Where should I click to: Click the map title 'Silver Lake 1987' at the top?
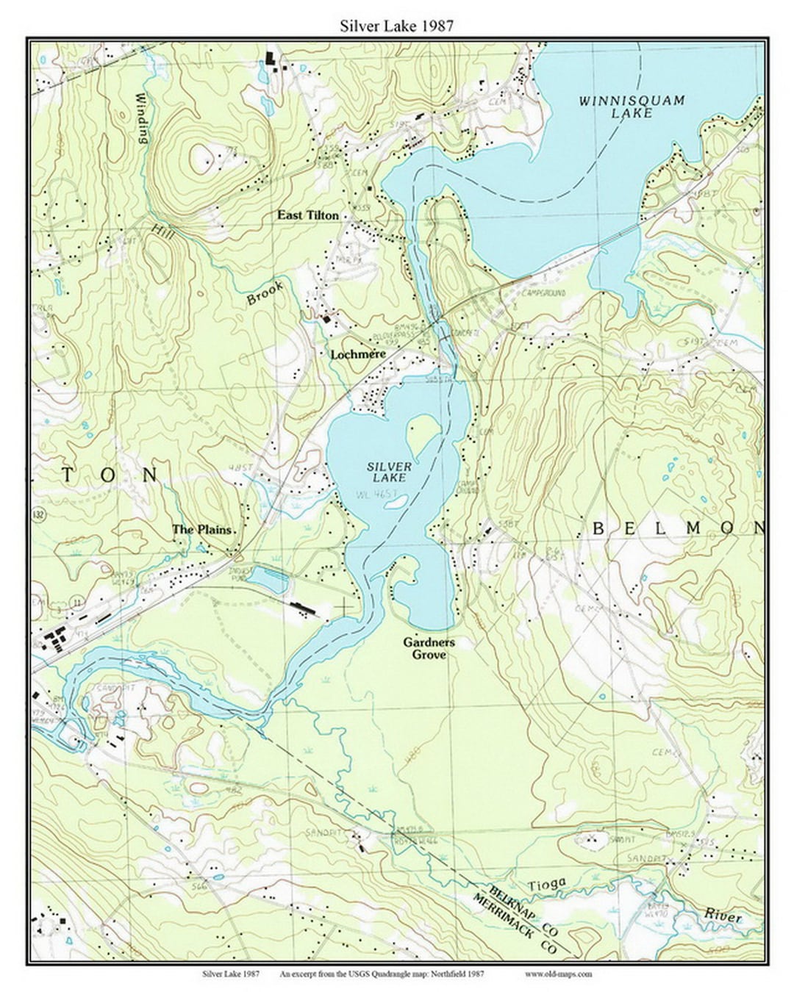(396, 26)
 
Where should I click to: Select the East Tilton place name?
(308, 215)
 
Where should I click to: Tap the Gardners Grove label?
(429, 647)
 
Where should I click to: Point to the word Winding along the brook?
(142, 118)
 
